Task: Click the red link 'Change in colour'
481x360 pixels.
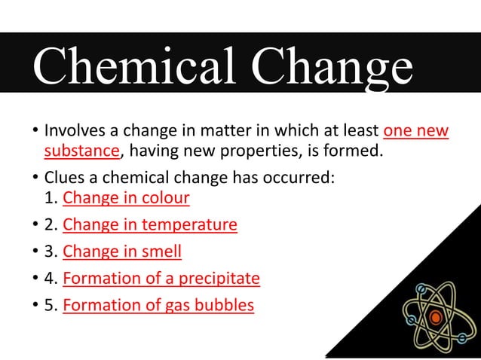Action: (126, 198)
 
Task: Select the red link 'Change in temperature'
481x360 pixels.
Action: (150, 224)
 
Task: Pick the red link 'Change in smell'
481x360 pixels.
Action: (122, 251)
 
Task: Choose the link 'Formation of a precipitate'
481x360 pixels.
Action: (161, 278)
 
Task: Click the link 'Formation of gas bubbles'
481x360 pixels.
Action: (158, 305)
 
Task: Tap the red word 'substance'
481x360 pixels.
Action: (81, 151)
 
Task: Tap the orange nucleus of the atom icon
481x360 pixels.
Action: (434, 318)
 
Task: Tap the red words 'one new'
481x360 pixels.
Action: (416, 132)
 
